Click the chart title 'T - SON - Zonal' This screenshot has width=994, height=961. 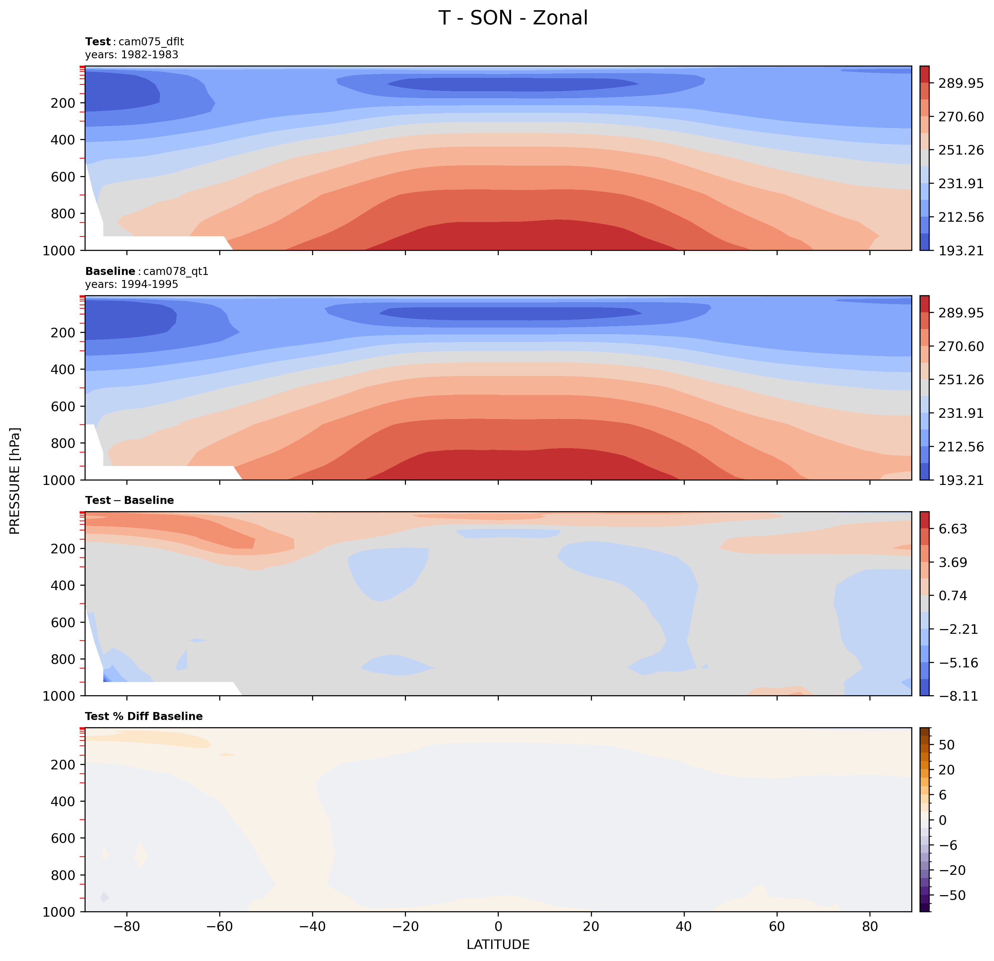click(513, 18)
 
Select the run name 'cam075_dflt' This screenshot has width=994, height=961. click(151, 41)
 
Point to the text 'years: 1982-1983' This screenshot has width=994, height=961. click(132, 55)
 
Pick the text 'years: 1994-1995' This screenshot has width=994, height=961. click(132, 284)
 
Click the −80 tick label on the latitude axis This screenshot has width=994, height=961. click(126, 926)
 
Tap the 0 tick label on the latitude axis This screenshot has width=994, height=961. click(498, 926)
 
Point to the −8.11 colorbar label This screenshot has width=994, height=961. click(958, 696)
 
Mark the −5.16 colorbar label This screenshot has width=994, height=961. click(958, 663)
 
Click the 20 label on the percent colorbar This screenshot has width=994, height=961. click(947, 770)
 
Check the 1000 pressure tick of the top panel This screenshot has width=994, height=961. click(59, 251)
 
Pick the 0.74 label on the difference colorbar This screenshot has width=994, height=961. click(953, 596)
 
